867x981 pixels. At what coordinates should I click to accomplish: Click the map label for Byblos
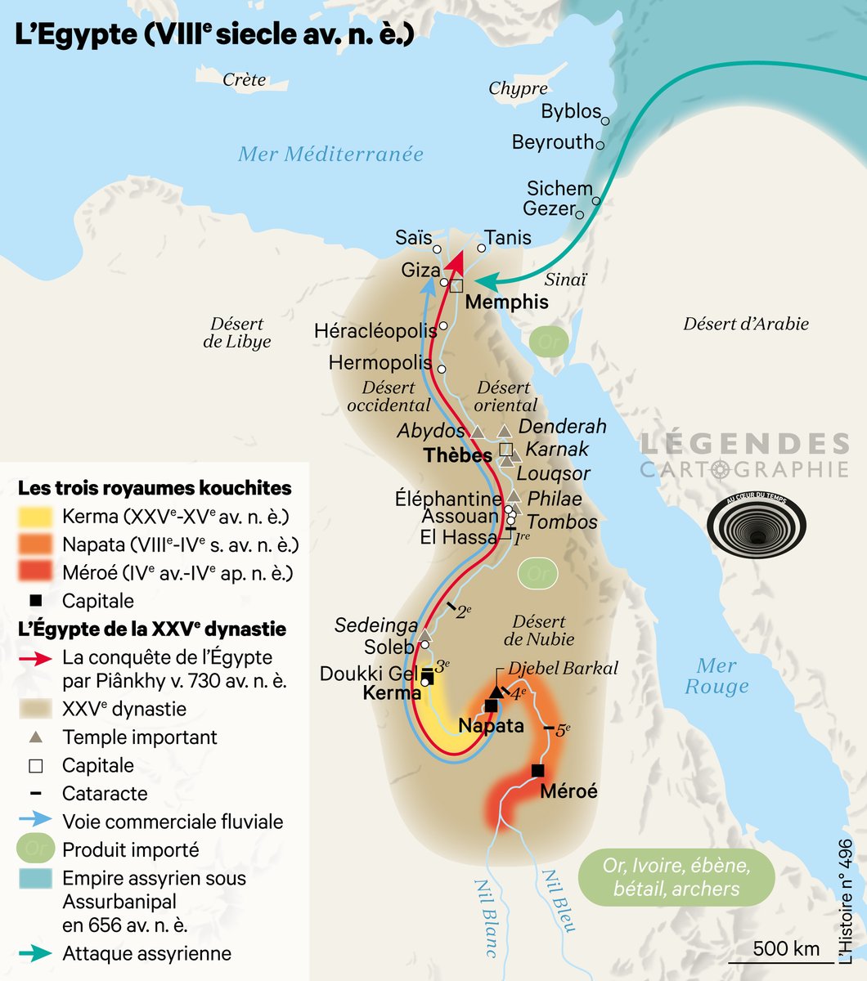click(x=570, y=111)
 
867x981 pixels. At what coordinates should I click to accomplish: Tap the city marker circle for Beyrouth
click(x=600, y=145)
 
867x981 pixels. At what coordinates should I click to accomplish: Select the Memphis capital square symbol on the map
click(x=456, y=285)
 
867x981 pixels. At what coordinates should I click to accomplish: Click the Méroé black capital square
click(x=537, y=770)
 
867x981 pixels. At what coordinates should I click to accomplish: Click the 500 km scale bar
click(x=786, y=957)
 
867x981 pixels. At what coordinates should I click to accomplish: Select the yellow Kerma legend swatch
click(x=35, y=517)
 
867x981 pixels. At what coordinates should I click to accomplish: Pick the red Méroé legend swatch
click(x=35, y=572)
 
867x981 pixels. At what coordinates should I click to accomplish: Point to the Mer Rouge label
click(x=717, y=676)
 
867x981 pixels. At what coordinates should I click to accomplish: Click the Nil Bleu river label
click(x=559, y=899)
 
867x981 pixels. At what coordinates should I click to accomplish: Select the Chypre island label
click(x=518, y=88)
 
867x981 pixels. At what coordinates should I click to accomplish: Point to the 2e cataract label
click(x=463, y=611)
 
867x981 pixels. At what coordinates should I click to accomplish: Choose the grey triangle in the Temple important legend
click(x=35, y=737)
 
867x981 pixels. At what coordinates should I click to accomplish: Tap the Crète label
click(x=245, y=79)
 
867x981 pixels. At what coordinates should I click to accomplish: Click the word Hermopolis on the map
click(x=380, y=362)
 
